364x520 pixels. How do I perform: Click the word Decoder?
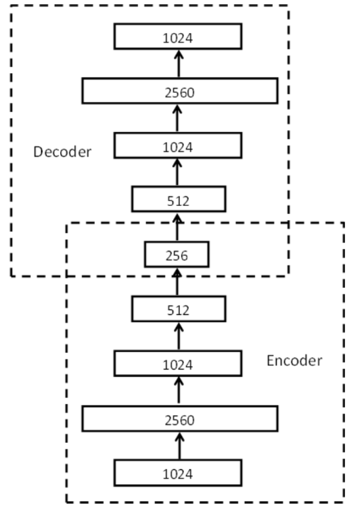62,151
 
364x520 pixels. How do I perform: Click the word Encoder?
294,360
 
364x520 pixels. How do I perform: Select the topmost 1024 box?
179,37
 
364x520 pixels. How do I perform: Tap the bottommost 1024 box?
179,473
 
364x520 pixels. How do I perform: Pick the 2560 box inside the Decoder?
179,91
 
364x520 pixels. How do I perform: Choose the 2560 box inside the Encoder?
179,419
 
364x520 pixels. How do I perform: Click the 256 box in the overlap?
177,255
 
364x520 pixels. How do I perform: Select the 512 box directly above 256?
178,200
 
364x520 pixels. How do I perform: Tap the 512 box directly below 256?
178,310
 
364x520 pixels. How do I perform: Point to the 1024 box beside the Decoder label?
178,146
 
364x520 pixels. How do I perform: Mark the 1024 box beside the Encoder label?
179,364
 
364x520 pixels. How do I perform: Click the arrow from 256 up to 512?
178,227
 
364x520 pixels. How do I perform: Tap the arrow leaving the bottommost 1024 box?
179,446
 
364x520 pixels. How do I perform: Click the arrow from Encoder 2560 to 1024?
179,391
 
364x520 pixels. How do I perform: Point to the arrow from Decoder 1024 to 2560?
179,118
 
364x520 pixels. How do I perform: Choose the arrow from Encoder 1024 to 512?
179,337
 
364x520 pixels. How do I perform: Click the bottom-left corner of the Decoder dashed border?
12,276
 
